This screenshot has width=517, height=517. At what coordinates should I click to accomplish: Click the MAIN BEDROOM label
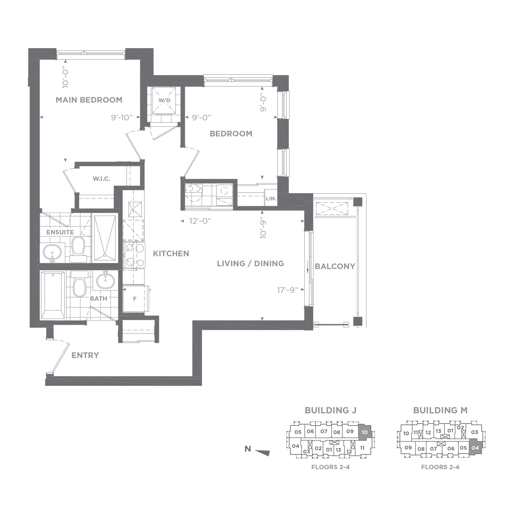pyautogui.click(x=89, y=100)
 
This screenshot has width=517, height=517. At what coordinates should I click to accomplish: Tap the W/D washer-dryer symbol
pyautogui.click(x=164, y=100)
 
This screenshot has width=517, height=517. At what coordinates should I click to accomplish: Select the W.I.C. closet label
pyautogui.click(x=101, y=179)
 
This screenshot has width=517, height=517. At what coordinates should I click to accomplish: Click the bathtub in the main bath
pyautogui.click(x=52, y=295)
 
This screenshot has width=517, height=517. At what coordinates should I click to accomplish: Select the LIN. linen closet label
pyautogui.click(x=271, y=199)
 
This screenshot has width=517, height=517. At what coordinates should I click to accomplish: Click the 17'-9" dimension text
pyautogui.click(x=287, y=290)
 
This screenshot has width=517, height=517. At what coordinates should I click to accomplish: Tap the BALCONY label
pyautogui.click(x=335, y=266)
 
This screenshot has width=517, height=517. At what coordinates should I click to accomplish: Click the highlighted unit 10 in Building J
pyautogui.click(x=364, y=432)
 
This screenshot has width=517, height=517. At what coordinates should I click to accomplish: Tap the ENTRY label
pyautogui.click(x=85, y=355)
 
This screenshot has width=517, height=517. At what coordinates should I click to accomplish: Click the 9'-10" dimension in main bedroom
pyautogui.click(x=122, y=117)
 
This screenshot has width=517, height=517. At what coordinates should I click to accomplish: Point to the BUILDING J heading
pyautogui.click(x=331, y=410)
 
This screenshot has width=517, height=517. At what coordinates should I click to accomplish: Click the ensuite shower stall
pyautogui.click(x=105, y=238)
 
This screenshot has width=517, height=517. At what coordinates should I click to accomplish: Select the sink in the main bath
pyautogui.click(x=105, y=280)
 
